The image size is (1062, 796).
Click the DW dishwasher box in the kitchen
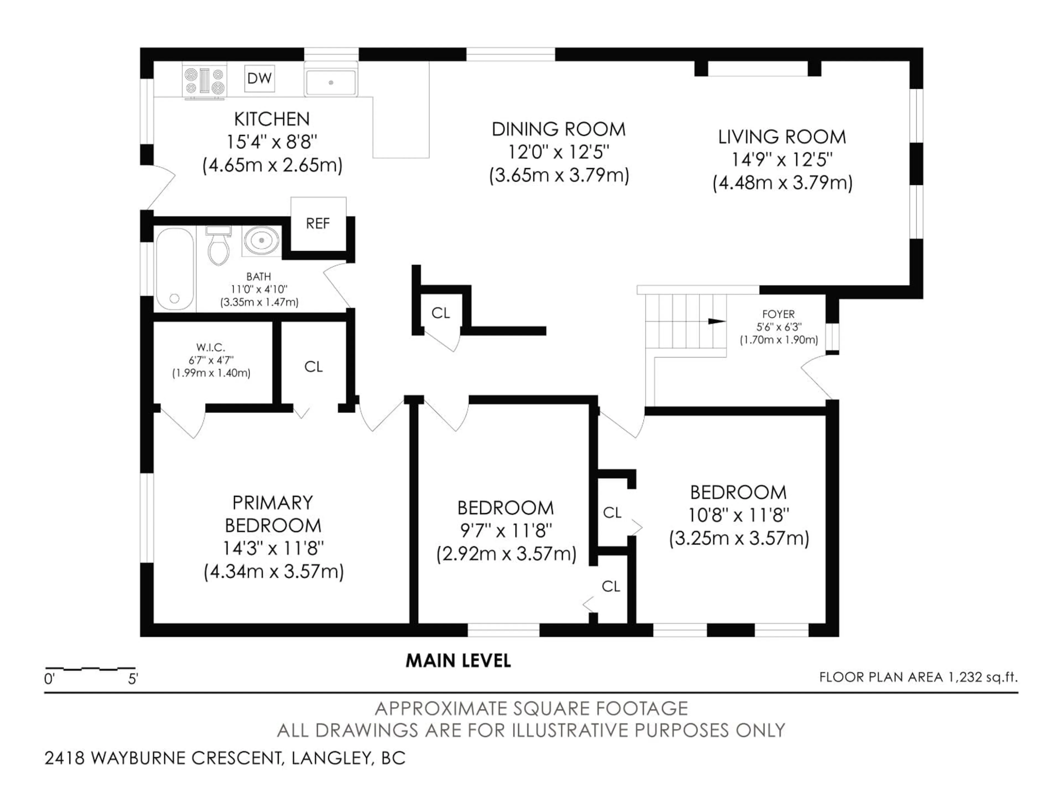click(x=259, y=78)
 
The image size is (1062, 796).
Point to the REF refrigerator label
click(x=318, y=224)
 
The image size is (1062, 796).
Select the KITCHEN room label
click(x=272, y=119)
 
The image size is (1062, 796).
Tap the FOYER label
click(x=778, y=314)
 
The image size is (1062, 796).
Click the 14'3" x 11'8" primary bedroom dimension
click(x=273, y=548)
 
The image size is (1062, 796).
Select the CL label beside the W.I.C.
click(x=314, y=367)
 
